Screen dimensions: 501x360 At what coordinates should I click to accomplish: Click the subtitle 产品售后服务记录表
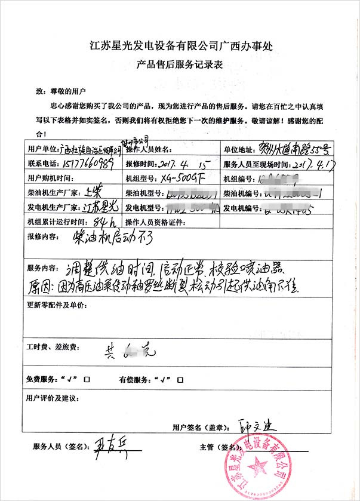point(180,66)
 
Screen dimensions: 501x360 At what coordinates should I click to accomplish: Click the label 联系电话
point(42,163)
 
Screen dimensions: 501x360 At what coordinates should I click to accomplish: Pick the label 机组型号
point(142,179)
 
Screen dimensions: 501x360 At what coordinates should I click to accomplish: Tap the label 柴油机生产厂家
point(50,193)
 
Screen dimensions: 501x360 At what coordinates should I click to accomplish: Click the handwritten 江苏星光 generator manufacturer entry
point(100,207)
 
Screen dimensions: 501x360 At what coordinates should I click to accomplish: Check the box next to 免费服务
point(87,379)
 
